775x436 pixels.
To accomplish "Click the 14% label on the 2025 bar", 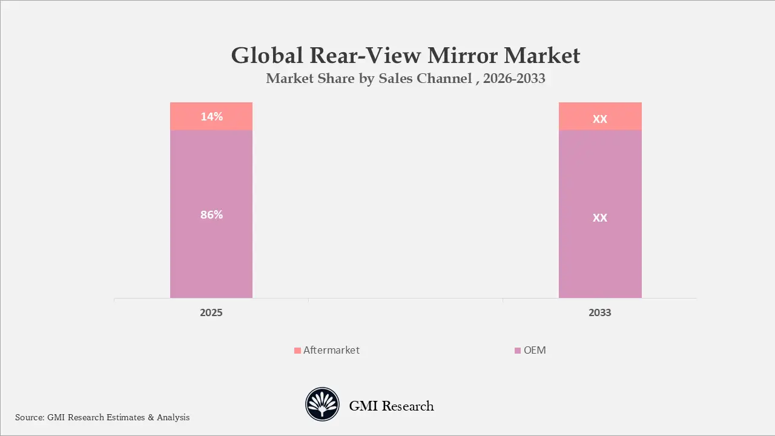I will [211, 116].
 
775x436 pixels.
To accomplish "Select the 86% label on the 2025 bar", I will [211, 214].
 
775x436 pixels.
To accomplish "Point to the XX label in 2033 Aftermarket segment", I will [599, 119].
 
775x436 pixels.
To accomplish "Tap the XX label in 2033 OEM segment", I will [599, 217].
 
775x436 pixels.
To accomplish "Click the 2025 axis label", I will [211, 312].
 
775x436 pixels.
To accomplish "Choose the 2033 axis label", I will [599, 312].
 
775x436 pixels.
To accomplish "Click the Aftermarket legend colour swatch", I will [297, 351].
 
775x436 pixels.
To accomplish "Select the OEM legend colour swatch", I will [517, 351].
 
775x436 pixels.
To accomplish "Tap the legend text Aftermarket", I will [331, 350].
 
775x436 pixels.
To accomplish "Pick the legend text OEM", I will [535, 350].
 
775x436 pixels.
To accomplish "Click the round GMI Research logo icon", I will [323, 405].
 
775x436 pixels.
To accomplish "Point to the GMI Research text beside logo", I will [391, 406].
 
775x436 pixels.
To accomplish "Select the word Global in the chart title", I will [267, 56].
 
